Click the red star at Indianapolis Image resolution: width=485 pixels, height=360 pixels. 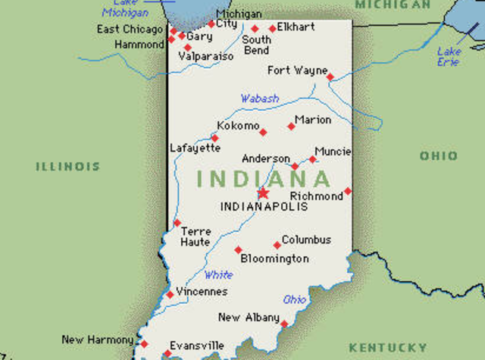[263, 193]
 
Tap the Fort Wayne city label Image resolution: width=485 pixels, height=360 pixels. [297, 70]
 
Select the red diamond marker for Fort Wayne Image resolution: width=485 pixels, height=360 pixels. [330, 77]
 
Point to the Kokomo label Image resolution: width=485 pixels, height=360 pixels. [238, 125]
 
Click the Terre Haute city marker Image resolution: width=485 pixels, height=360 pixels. [177, 223]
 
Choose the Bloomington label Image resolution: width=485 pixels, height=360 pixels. [274, 258]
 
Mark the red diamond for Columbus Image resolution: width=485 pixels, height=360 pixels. [277, 245]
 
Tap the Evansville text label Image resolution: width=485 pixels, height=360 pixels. [196, 345]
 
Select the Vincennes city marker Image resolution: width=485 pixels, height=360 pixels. [170, 295]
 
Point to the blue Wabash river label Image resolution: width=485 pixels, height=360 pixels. [260, 99]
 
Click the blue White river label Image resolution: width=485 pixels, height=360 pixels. [219, 274]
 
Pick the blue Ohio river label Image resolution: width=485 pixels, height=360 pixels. [295, 299]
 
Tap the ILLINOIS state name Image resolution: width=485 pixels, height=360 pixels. [67, 166]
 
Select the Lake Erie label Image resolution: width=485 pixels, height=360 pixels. [449, 57]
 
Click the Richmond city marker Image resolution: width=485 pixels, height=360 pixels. [348, 191]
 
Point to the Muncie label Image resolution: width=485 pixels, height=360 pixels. [333, 151]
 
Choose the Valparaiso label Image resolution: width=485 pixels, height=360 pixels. [206, 56]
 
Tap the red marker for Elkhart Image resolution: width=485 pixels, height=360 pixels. [273, 29]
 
